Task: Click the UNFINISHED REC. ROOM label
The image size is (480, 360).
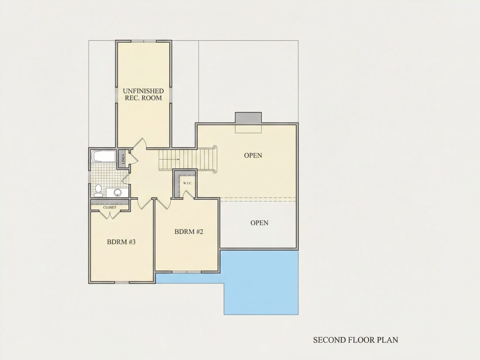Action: click(x=143, y=94)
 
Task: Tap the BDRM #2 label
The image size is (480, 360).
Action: click(x=189, y=231)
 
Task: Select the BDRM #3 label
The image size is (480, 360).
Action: click(x=121, y=242)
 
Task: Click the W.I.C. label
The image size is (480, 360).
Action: click(x=188, y=183)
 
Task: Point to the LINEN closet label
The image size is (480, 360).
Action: click(x=123, y=159)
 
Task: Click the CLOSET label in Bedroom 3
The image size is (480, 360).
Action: click(x=110, y=207)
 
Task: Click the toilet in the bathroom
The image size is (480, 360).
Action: click(x=98, y=190)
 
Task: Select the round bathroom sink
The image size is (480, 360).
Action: click(x=117, y=192)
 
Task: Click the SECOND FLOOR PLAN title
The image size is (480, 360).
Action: click(x=355, y=340)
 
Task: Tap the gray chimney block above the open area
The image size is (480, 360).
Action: click(x=248, y=118)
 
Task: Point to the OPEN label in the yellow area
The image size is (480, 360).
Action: click(x=253, y=155)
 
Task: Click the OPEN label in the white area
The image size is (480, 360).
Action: click(x=259, y=223)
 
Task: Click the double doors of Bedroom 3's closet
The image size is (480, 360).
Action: click(x=110, y=215)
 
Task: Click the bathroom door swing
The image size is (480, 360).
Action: click(x=126, y=179)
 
